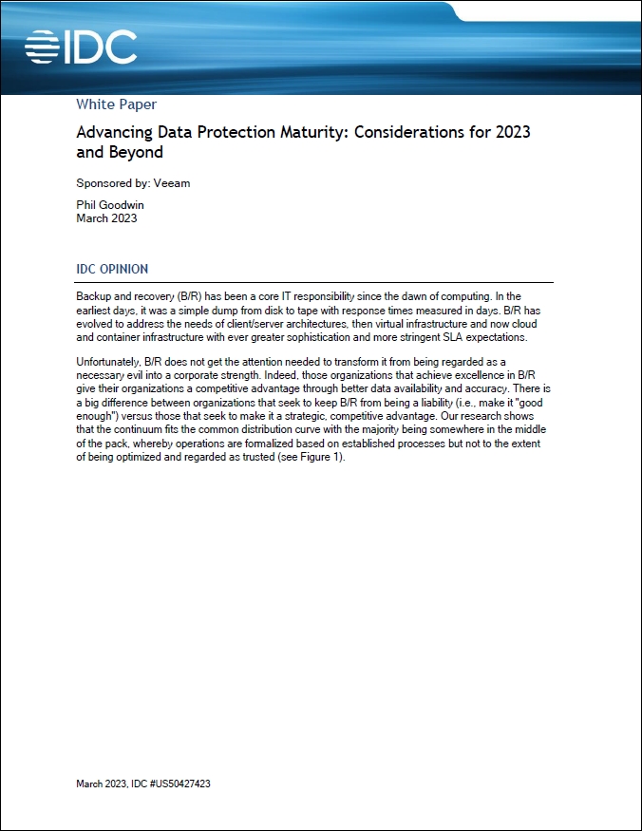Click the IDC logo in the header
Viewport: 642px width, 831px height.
81,47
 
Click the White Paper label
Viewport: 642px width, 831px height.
116,104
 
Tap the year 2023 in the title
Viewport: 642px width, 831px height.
512,132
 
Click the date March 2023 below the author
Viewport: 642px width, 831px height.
106,218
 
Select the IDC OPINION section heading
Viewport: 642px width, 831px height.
112,269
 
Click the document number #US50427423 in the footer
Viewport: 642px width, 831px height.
187,784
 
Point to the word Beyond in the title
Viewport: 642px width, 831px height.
138,152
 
